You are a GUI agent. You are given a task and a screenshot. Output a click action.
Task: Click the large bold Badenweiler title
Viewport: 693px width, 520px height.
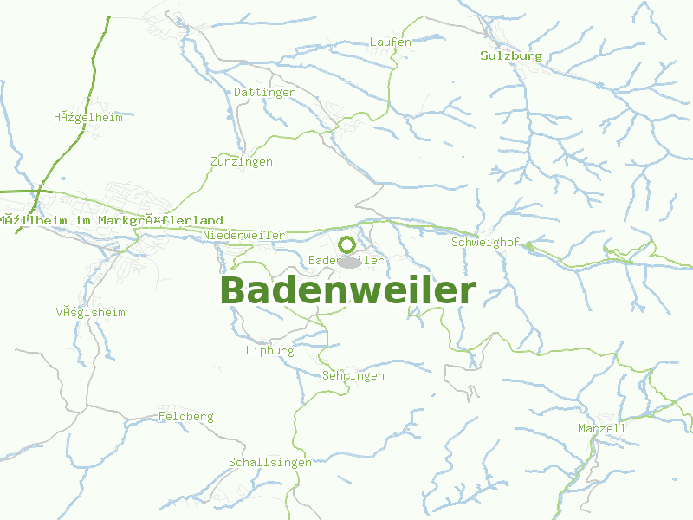pyautogui.click(x=347, y=291)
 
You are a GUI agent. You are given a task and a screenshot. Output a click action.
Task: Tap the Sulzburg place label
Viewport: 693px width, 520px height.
pyautogui.click(x=511, y=55)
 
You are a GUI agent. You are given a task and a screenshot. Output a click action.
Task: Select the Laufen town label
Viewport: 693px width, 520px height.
pyautogui.click(x=390, y=42)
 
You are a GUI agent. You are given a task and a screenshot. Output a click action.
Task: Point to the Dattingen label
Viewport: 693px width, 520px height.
pyautogui.click(x=265, y=92)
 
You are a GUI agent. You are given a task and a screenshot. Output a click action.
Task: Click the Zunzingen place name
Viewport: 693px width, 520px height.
pyautogui.click(x=241, y=162)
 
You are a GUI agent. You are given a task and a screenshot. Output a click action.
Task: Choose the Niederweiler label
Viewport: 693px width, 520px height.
pyautogui.click(x=243, y=235)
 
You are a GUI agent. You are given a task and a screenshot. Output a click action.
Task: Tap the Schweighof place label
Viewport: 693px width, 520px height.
pyautogui.click(x=485, y=242)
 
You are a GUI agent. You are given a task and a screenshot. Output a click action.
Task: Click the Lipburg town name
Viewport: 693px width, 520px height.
pyautogui.click(x=269, y=351)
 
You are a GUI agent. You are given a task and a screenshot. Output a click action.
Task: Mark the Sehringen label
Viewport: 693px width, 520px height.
pyautogui.click(x=353, y=376)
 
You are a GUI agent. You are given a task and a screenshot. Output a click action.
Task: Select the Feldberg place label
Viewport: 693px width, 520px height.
pyautogui.click(x=185, y=417)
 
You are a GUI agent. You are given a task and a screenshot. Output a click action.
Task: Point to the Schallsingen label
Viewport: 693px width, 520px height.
pyautogui.click(x=269, y=462)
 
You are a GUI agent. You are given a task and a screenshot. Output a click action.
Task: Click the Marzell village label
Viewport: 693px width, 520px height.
pyautogui.click(x=601, y=428)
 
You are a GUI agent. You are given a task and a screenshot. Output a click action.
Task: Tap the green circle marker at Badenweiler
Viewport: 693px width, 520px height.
pyautogui.click(x=347, y=244)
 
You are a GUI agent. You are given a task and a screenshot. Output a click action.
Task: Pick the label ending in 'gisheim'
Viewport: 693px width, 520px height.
pyautogui.click(x=90, y=312)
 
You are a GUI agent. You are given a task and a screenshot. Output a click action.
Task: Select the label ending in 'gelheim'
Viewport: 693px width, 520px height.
pyautogui.click(x=87, y=117)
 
